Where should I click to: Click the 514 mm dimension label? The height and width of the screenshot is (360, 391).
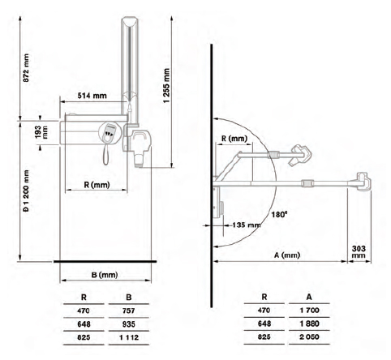[92, 96]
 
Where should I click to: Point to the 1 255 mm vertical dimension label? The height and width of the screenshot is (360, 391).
[166, 85]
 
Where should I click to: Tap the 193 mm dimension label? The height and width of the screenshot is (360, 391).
[41, 132]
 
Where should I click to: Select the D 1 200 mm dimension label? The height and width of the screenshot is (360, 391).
[26, 191]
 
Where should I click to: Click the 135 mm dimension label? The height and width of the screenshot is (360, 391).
[247, 225]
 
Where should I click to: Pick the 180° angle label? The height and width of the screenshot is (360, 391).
[279, 215]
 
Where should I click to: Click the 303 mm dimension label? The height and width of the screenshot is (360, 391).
[359, 251]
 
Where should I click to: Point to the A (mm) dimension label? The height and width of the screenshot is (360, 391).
[287, 255]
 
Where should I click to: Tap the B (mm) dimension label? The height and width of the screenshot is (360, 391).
[105, 275]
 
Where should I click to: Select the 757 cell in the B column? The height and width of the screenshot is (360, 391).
[128, 311]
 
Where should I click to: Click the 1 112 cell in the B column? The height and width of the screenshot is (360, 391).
[128, 337]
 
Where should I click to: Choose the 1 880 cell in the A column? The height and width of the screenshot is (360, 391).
[309, 324]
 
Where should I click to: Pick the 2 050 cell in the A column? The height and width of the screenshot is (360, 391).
[309, 336]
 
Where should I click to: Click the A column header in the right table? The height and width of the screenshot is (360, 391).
[309, 297]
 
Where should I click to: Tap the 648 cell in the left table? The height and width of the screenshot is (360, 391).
[84, 324]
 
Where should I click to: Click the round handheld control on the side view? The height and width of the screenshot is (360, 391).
[109, 132]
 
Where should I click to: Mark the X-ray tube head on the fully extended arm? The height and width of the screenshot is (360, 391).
[363, 182]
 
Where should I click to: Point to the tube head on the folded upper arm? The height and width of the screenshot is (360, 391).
[300, 155]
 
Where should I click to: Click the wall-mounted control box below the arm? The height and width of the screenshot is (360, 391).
[218, 203]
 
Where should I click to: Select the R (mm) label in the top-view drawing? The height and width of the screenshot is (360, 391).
[234, 139]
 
